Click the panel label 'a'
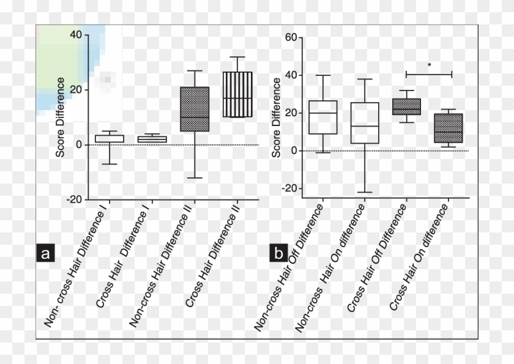coord(45,253)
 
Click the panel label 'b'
coord(278,253)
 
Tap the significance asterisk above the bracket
coord(430,65)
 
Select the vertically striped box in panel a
coord(237,94)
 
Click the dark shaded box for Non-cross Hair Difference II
coord(195,109)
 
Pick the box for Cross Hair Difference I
coord(152,139)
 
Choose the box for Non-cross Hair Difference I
coord(110,139)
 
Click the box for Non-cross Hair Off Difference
coord(323,117)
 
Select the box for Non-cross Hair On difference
coord(365,123)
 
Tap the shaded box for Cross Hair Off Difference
coord(407,106)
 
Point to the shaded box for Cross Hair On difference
coord(449,128)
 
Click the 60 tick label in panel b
coord(291,37)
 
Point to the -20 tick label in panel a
coord(74,199)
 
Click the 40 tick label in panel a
coord(76,34)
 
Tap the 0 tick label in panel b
coord(294,150)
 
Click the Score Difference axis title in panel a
coord(60,117)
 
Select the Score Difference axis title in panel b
coord(277,117)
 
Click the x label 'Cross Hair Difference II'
coord(213,256)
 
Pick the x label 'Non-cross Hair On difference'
coord(330,268)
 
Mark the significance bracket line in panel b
coord(429,75)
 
